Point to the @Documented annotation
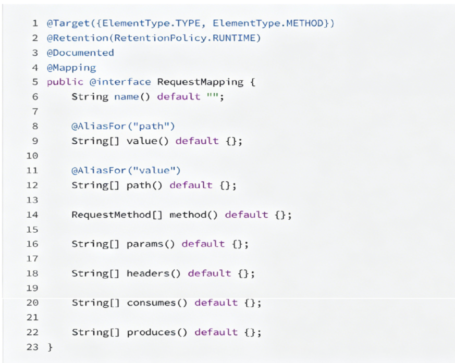(x=80, y=53)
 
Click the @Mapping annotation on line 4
(x=71, y=67)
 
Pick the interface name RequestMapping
(x=200, y=82)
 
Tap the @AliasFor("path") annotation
(x=123, y=126)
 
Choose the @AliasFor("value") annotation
(x=126, y=170)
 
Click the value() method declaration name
(x=147, y=141)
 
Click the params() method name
(x=151, y=244)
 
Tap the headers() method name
(x=154, y=273)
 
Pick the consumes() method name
(x=157, y=303)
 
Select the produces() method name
(x=157, y=332)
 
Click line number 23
(x=32, y=347)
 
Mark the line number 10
(x=32, y=156)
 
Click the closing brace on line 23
(x=50, y=347)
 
